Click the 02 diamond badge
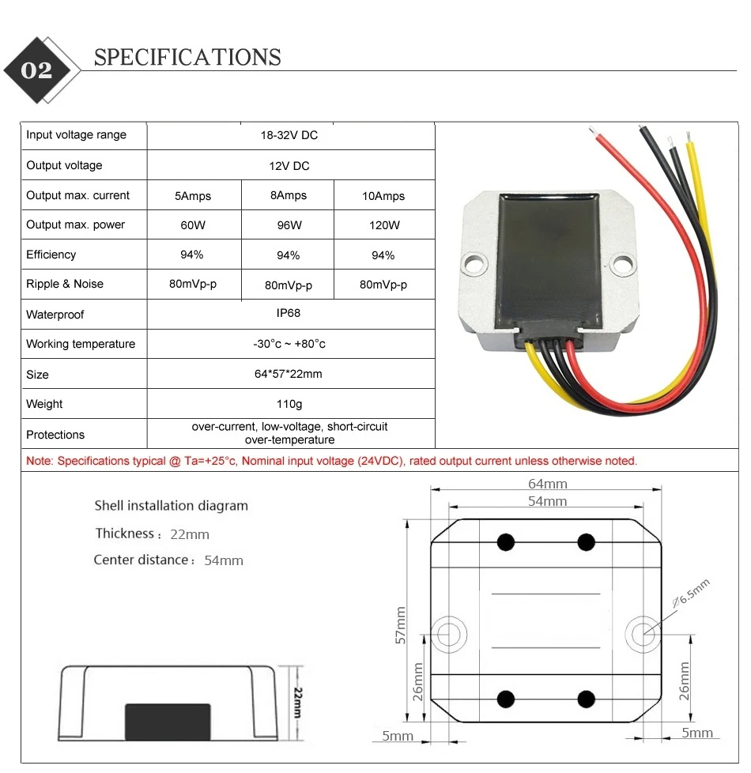37,70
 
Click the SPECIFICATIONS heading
187,58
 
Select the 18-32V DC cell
289,135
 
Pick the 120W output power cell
383,225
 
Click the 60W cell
193,225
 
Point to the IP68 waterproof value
289,314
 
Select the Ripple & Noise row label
65,284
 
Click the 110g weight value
289,404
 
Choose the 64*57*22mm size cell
289,374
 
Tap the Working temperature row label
81,344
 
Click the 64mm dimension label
547,484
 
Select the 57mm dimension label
400,626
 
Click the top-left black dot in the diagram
505,542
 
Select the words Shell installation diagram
171,506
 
